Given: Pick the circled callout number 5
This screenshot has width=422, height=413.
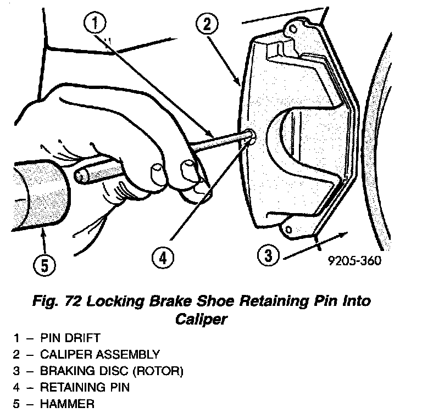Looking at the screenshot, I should tap(44, 265).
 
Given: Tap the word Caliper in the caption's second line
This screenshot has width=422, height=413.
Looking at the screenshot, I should tap(200, 319).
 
